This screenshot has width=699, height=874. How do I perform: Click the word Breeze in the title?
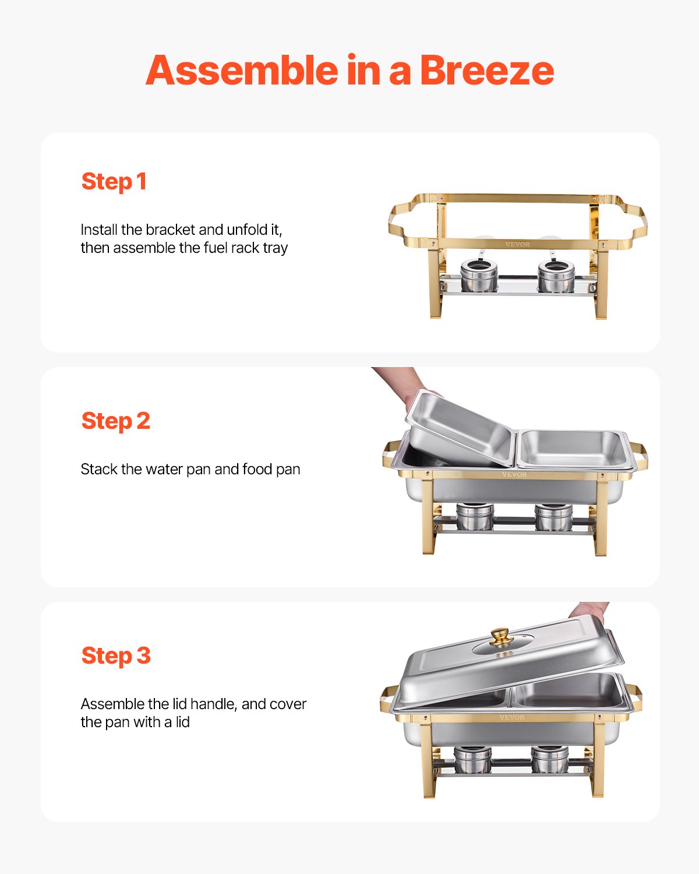point(486,71)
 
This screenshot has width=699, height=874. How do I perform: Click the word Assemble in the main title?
point(242,71)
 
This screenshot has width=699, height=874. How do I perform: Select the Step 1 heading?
point(114,181)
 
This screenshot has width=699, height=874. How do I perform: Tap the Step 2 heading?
point(115,421)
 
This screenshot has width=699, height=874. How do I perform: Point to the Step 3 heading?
point(115,655)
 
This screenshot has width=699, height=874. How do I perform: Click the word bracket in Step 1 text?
point(170,230)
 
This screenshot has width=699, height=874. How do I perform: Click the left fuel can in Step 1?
point(479,276)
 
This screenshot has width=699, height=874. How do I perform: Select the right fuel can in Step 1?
point(556,276)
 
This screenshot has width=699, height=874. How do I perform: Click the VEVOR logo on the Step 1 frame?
point(517,244)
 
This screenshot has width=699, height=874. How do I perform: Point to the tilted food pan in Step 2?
point(460,428)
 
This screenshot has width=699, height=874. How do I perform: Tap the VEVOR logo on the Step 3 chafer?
point(511,717)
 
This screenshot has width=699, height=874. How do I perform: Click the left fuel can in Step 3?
point(472,759)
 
